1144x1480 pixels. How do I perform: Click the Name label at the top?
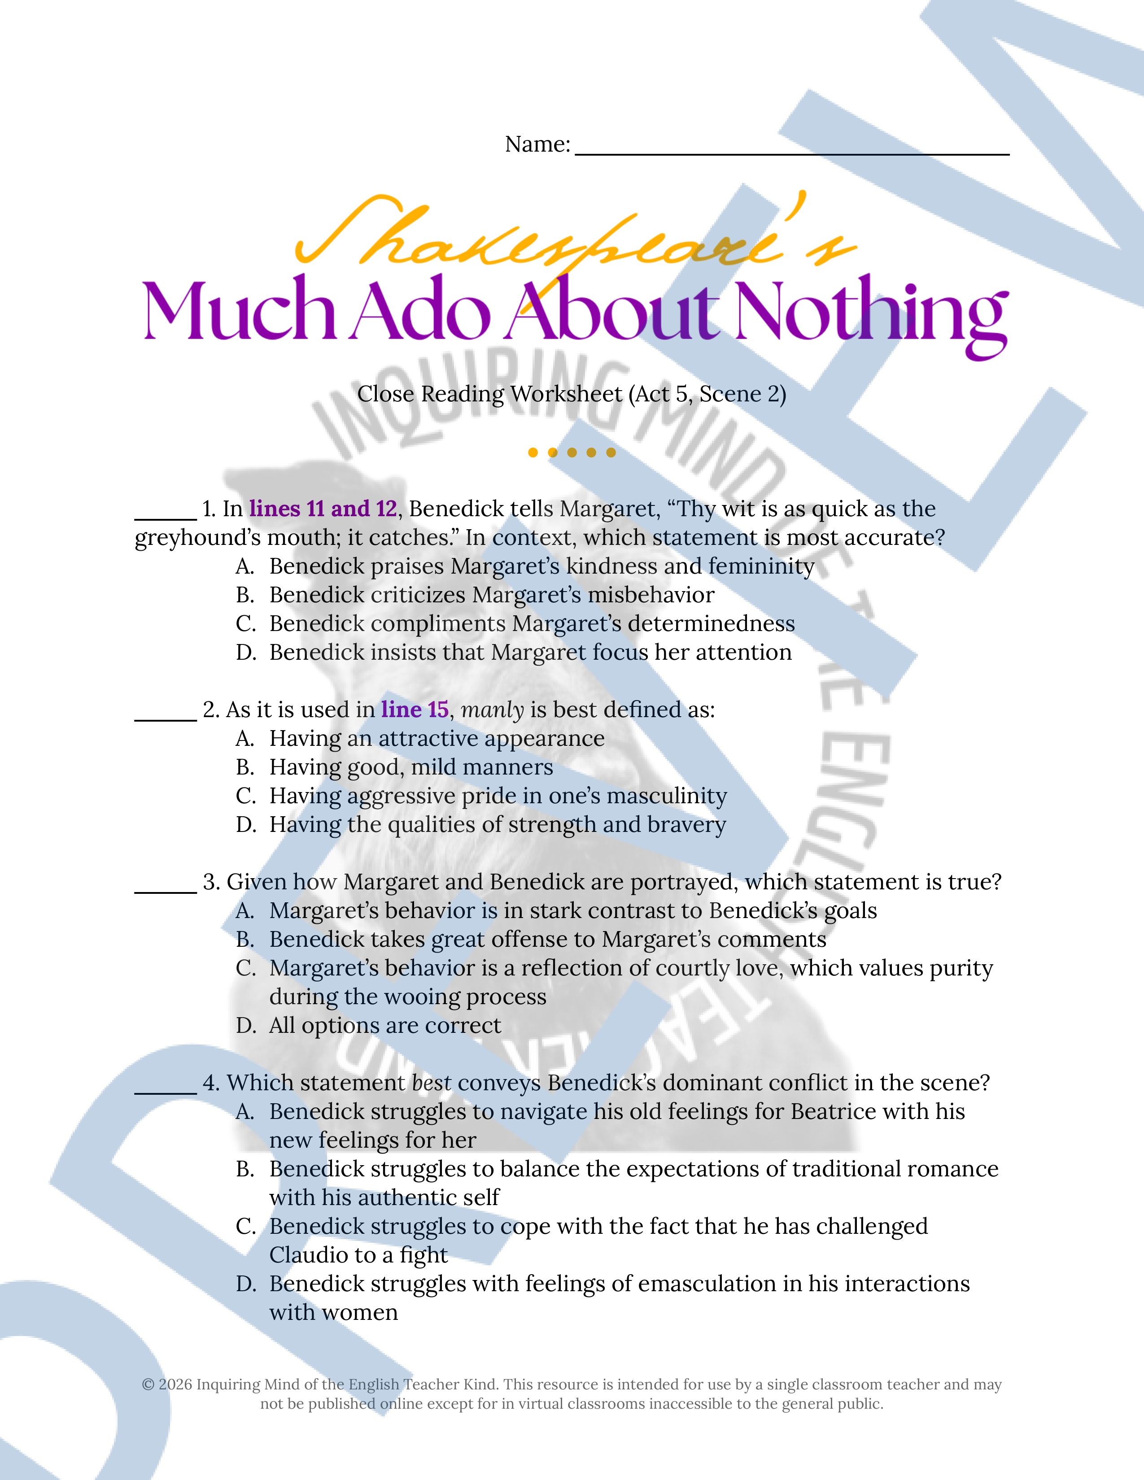[x=537, y=144]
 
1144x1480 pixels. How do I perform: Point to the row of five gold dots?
[x=572, y=453]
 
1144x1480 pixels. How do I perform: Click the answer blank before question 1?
[x=166, y=516]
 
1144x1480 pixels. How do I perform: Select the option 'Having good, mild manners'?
[x=410, y=767]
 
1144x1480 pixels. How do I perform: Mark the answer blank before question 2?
[x=166, y=718]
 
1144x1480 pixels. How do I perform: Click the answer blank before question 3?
[x=166, y=890]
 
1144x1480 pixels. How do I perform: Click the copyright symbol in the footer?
[x=148, y=1385]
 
